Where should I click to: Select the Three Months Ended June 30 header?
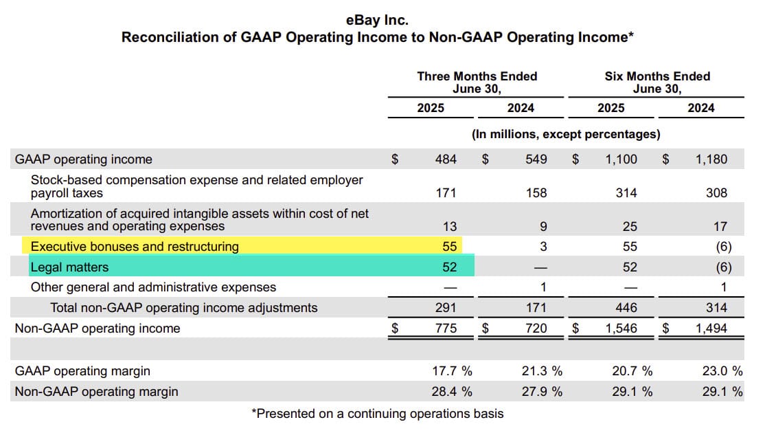[x=477, y=82]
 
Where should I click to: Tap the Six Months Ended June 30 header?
[x=657, y=82]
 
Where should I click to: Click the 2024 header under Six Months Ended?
[x=701, y=108]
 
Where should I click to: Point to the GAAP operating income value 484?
[x=446, y=159]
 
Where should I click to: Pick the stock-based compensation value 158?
[x=536, y=193]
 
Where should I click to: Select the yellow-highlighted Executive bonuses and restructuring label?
[x=135, y=246]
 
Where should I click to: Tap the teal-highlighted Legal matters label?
[x=69, y=267]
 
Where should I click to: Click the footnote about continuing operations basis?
[x=378, y=414]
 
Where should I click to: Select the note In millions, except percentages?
[x=566, y=134]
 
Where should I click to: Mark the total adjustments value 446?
[x=626, y=308]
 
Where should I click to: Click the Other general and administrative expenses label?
[x=153, y=287]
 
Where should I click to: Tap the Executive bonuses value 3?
[x=543, y=246]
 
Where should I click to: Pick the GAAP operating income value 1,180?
[x=711, y=159]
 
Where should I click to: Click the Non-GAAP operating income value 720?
[x=536, y=329]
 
